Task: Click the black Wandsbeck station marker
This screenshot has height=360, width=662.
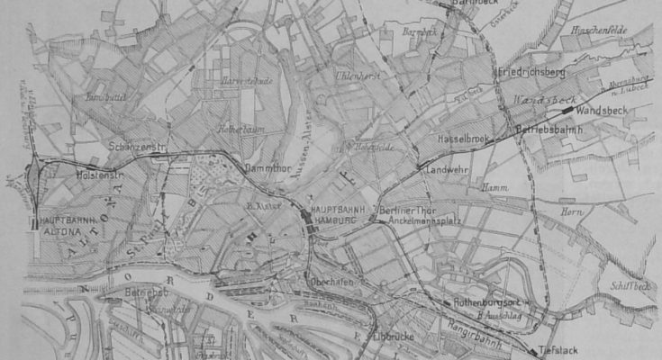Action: (568, 109)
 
